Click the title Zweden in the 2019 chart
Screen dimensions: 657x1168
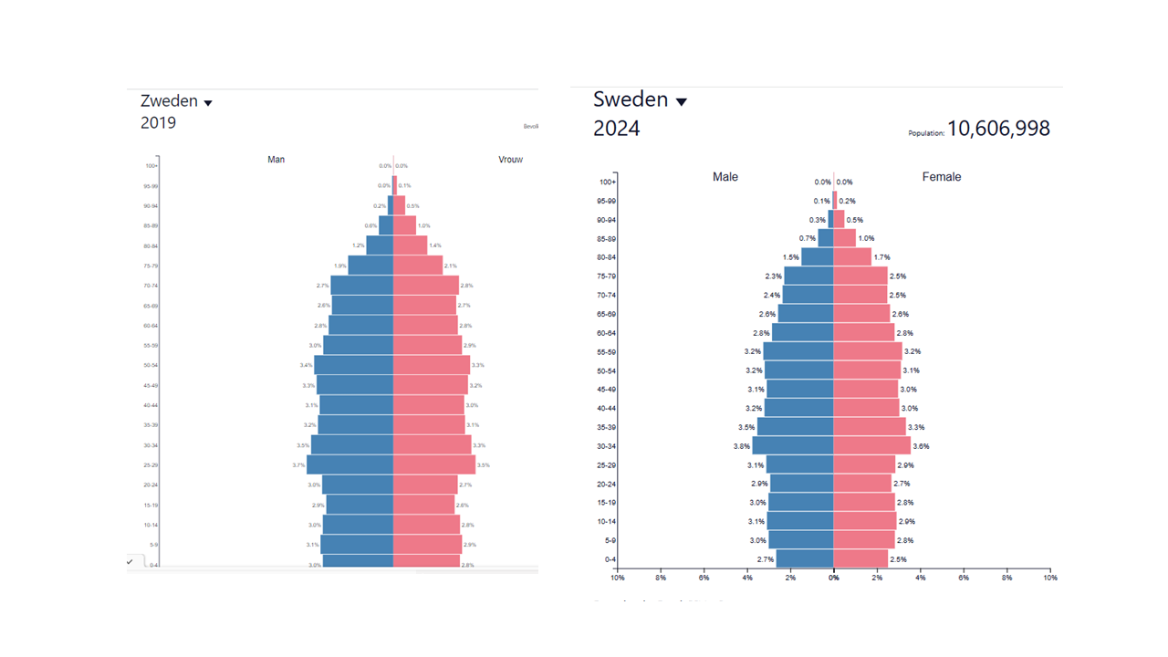[169, 101]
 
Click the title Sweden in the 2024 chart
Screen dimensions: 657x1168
[631, 99]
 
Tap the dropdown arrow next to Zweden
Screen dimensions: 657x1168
[208, 103]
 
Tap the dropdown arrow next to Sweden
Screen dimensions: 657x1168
[681, 101]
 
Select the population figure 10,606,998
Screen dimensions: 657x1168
[998, 129]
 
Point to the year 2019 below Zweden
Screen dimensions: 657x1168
[158, 123]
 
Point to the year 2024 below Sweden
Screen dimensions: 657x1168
[617, 129]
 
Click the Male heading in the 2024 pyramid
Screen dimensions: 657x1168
[725, 177]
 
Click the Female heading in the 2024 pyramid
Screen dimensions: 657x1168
[942, 177]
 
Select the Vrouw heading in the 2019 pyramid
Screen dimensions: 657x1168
[510, 160]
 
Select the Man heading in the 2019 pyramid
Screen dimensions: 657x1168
[276, 160]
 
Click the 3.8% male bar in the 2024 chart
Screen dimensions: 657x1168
[792, 446]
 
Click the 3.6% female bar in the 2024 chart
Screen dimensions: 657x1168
[871, 446]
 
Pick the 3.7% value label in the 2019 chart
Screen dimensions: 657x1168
[298, 465]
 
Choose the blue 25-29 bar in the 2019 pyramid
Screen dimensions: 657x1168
[349, 464]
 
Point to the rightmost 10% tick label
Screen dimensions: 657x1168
[1050, 578]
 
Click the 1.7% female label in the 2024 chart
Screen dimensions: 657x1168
[881, 257]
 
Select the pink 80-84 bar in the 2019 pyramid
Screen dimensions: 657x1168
[410, 245]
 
